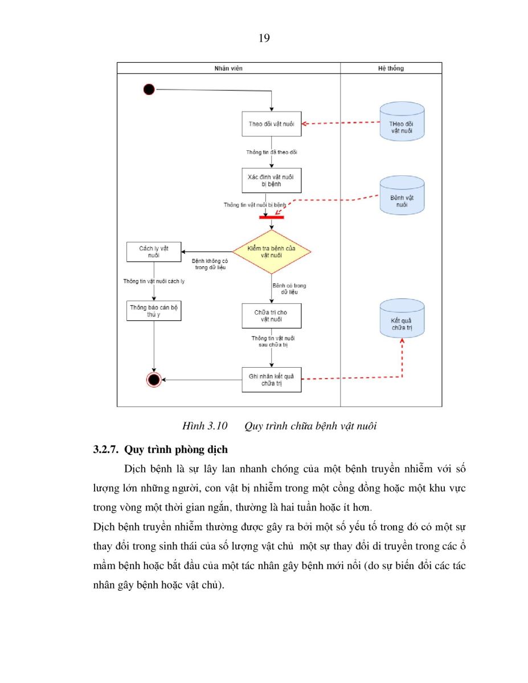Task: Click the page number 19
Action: click(x=264, y=38)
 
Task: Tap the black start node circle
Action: click(x=149, y=89)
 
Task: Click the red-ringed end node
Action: click(x=154, y=380)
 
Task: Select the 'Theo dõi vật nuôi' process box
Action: click(x=271, y=124)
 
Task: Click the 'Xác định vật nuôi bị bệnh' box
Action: click(x=271, y=180)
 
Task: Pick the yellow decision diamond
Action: click(x=272, y=252)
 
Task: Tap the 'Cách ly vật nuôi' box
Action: click(x=154, y=252)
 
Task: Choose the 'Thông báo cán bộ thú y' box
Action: click(x=154, y=311)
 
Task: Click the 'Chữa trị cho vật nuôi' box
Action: click(x=271, y=316)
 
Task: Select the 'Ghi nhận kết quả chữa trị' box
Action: click(x=271, y=380)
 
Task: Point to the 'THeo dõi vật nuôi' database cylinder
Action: click(x=402, y=121)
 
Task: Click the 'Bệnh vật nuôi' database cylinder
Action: click(x=402, y=195)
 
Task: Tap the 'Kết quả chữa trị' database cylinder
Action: click(x=402, y=318)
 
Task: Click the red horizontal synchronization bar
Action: click(x=272, y=217)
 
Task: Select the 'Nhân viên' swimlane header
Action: click(x=228, y=68)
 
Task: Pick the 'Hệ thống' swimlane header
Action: click(x=391, y=68)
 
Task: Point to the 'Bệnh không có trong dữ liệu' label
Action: click(x=210, y=264)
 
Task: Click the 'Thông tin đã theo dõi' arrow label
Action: click(x=271, y=152)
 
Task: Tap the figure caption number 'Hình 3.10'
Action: click(x=204, y=426)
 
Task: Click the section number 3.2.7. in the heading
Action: click(x=106, y=450)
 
